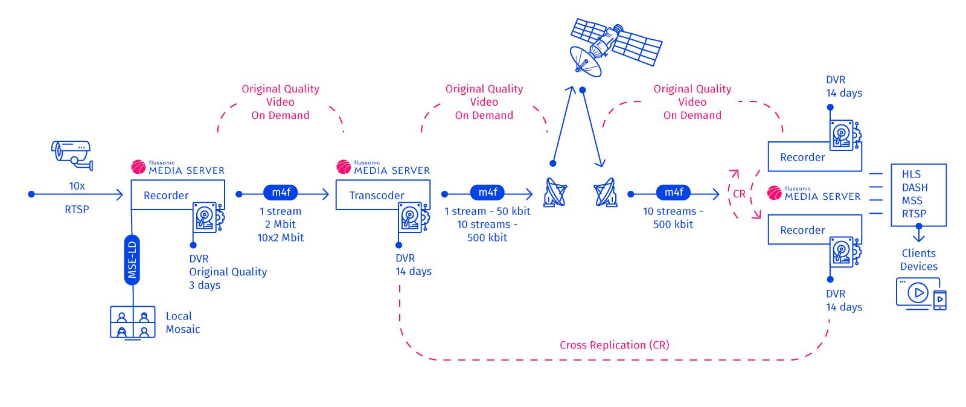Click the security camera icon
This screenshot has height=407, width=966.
click(72, 152)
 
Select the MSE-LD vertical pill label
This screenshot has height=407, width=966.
click(132, 260)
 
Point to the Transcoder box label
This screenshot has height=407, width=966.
click(377, 195)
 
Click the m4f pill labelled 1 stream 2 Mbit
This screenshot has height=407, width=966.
click(281, 193)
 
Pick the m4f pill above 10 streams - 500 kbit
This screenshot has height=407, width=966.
click(673, 193)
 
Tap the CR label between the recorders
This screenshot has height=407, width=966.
click(739, 194)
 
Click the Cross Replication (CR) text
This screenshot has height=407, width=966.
click(614, 345)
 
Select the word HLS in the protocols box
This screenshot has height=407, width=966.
click(911, 174)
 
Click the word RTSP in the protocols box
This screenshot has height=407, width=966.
click(914, 213)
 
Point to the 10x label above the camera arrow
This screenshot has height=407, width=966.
click(77, 186)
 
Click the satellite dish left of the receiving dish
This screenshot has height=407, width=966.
click(555, 193)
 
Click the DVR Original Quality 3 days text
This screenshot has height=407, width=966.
click(228, 272)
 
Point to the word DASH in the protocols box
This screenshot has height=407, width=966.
click(914, 187)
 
